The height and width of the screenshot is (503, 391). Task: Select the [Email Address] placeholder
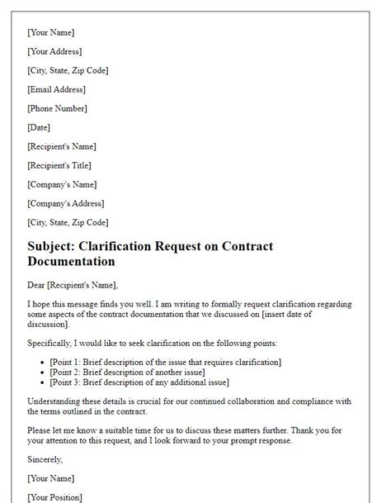tap(56, 89)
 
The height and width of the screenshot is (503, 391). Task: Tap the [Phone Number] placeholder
tap(57, 108)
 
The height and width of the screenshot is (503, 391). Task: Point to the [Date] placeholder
tap(39, 127)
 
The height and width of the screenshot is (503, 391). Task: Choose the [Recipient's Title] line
tap(62, 165)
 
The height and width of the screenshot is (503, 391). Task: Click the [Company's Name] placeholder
tap(62, 184)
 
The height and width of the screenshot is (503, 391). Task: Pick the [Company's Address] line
tap(67, 203)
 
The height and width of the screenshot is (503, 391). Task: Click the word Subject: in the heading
tap(55, 246)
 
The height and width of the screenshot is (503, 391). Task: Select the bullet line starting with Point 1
tap(166, 362)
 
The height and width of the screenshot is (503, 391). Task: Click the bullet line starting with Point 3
tap(139, 382)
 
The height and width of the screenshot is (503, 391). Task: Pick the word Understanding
tap(57, 401)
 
